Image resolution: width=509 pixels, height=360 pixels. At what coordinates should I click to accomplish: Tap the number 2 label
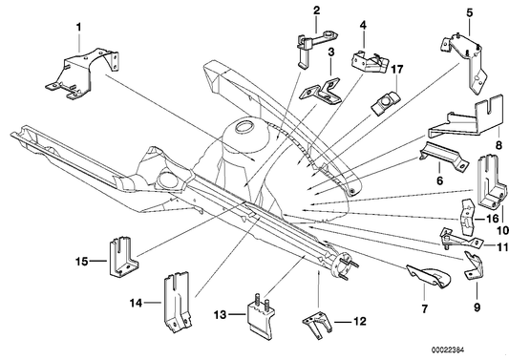(316, 11)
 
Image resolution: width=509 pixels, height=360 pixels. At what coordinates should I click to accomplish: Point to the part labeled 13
(260, 313)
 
